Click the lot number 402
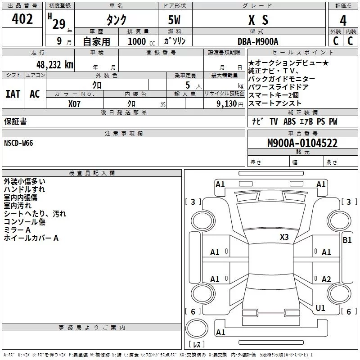coord(22,19)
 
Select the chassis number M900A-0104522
coord(302,144)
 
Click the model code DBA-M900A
coord(258,41)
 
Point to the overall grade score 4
coord(343,20)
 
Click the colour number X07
coord(75,103)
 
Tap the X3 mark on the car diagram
coord(284,237)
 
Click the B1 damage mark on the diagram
coord(347,240)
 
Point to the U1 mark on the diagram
coord(320,308)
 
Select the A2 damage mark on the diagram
coord(326,279)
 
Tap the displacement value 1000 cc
coord(140,41)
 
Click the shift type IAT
coord(13,94)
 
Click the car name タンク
coord(117,20)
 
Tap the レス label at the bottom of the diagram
coord(196,344)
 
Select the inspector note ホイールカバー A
coord(31,238)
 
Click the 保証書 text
coord(15,121)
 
